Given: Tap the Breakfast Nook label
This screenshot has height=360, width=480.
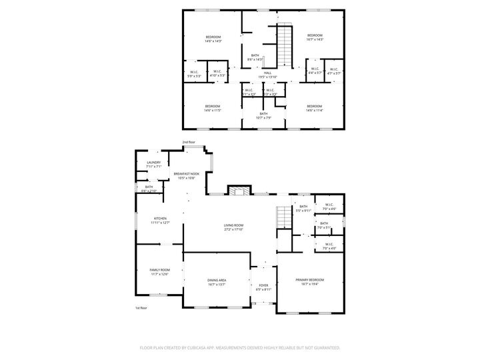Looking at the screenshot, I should coord(187,175).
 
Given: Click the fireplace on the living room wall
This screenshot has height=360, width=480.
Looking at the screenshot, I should coord(238,191).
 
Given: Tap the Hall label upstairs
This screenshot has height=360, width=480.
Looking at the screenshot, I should coord(267,73).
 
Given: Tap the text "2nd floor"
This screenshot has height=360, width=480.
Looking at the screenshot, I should coord(189,142).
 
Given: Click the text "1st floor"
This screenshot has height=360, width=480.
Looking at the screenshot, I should coord(141,307).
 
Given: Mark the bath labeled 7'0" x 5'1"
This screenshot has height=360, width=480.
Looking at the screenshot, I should coord(324,225).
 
